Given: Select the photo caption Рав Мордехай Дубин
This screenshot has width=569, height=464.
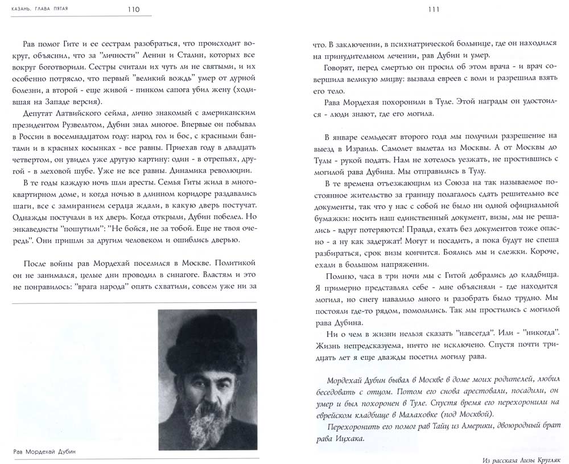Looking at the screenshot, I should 43,453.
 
